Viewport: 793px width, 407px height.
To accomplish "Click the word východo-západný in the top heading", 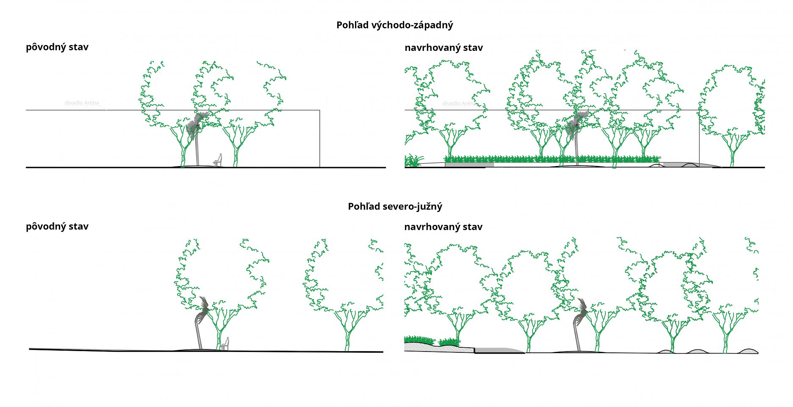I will pyautogui.click(x=412, y=25).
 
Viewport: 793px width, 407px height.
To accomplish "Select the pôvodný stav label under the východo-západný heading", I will pyautogui.click(x=57, y=47).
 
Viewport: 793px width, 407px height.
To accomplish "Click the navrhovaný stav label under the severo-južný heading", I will pyautogui.click(x=443, y=227).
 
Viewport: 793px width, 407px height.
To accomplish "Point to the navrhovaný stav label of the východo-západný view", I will pyautogui.click(x=444, y=48).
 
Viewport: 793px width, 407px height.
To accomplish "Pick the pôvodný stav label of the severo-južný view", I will pyautogui.click(x=57, y=227).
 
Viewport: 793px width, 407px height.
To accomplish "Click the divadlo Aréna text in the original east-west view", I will pyautogui.click(x=82, y=103).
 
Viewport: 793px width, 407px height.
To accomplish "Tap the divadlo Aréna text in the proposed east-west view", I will pyautogui.click(x=459, y=103).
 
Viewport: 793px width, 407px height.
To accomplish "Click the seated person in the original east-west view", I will pyautogui.click(x=218, y=161).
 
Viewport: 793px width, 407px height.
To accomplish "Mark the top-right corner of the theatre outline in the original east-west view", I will pyautogui.click(x=319, y=111).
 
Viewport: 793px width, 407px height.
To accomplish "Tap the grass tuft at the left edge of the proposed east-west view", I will pyautogui.click(x=413, y=161).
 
